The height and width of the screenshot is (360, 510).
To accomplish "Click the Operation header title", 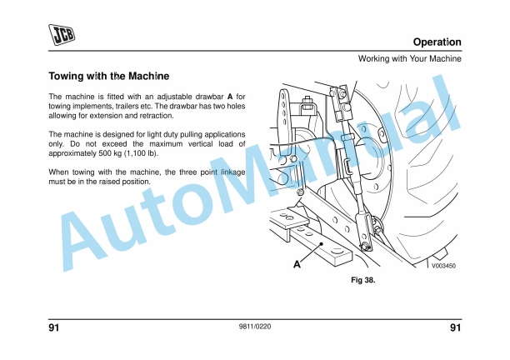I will [x=437, y=42].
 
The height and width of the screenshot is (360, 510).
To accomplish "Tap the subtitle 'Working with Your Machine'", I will [x=409, y=58].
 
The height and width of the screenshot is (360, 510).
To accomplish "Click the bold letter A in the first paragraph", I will [x=230, y=97].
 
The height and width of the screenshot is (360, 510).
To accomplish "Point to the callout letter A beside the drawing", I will [x=296, y=264].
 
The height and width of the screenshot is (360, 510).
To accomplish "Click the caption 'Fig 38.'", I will [x=362, y=280].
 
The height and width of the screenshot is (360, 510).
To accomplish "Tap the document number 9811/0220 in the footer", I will [x=254, y=327].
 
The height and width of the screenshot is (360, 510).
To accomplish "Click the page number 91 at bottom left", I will [x=54, y=327].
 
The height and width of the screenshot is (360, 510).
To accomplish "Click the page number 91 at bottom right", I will [x=455, y=327].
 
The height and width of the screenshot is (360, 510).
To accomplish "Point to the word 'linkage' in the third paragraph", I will [x=231, y=172].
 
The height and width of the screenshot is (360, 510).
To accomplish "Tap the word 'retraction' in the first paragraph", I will [x=153, y=115].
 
